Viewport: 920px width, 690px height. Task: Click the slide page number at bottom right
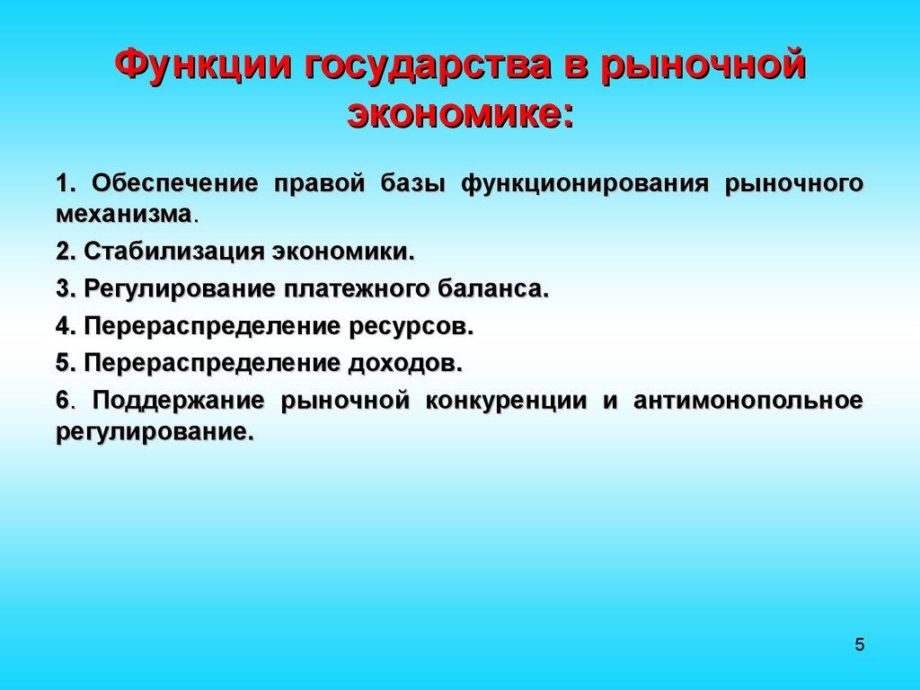pyautogui.click(x=860, y=644)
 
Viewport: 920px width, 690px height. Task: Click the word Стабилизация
pyautogui.click(x=163, y=252)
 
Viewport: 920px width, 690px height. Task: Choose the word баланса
pyautogui.click(x=493, y=289)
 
